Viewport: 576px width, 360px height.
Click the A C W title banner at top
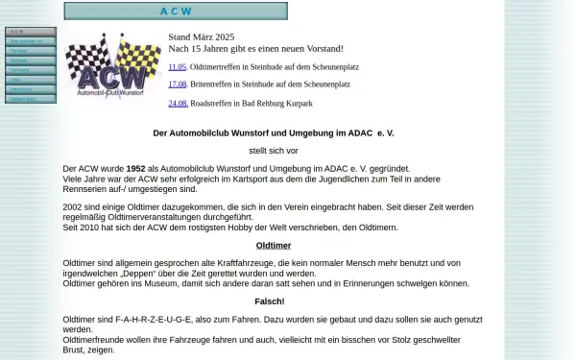[176, 12]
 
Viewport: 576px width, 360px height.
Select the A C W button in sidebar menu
[31, 32]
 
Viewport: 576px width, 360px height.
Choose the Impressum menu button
[31, 88]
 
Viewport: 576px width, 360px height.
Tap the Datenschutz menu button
[31, 98]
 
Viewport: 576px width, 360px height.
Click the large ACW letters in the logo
[112, 76]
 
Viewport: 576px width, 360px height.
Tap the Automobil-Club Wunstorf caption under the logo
[112, 94]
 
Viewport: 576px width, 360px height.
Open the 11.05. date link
[177, 67]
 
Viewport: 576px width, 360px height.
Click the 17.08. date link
[177, 84]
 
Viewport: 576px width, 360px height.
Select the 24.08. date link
[177, 103]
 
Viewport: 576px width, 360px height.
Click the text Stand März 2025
[201, 36]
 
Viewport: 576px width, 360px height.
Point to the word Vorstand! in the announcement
[322, 48]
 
